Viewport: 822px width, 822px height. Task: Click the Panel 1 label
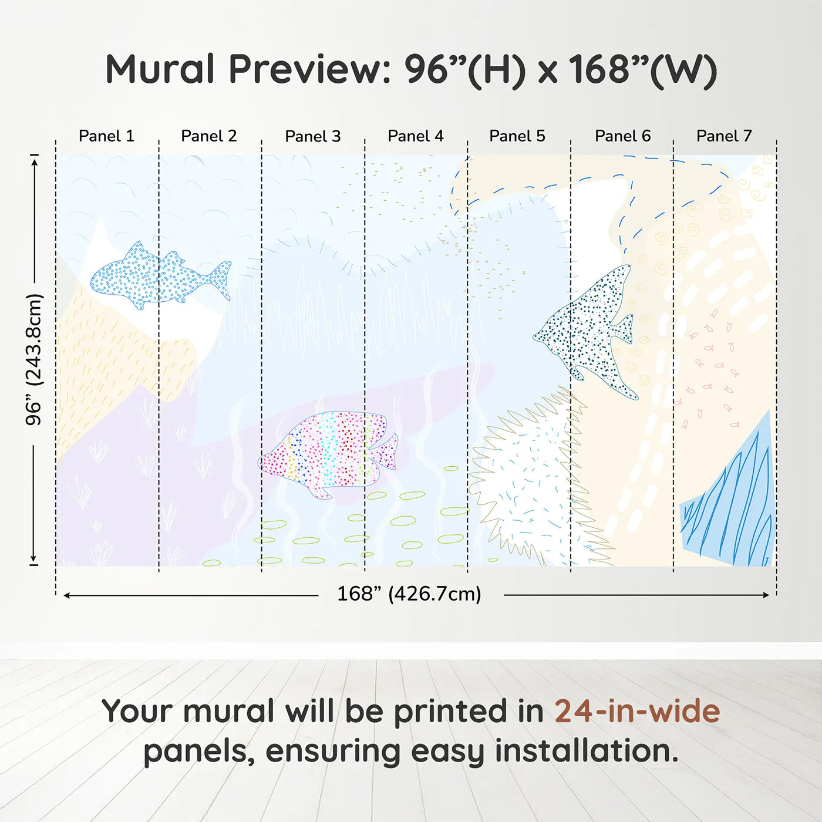tap(106, 136)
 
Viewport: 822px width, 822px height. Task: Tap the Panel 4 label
tap(415, 136)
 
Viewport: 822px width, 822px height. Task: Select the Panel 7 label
tap(723, 136)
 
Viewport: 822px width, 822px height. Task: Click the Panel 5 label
tap(517, 136)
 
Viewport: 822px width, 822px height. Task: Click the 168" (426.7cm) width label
tap(409, 594)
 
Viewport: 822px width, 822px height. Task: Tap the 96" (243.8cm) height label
tap(34, 359)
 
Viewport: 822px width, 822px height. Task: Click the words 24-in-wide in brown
tap(636, 712)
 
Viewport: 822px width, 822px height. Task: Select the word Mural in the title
tap(160, 69)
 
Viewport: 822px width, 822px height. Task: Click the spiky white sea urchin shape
tap(528, 481)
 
